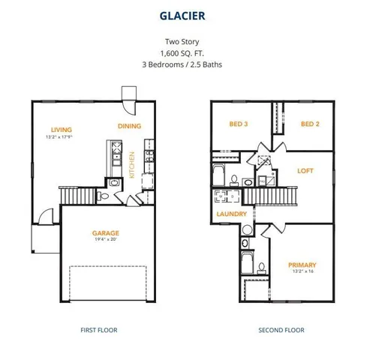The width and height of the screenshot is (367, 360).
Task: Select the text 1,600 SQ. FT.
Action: (x=183, y=53)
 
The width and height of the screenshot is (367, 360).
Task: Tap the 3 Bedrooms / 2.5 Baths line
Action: (x=183, y=64)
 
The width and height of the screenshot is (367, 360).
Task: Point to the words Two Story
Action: (x=183, y=42)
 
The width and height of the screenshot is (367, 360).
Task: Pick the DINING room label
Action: (x=130, y=126)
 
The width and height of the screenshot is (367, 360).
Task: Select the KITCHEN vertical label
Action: (x=132, y=165)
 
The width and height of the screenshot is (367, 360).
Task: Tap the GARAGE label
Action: (x=106, y=233)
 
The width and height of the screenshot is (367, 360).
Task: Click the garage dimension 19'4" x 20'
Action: (x=106, y=241)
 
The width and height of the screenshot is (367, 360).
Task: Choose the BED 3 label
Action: (x=238, y=124)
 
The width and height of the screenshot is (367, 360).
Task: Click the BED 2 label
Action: (x=310, y=124)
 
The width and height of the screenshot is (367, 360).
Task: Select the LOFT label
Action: (x=305, y=171)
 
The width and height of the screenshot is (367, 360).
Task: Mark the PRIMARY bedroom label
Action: (x=302, y=265)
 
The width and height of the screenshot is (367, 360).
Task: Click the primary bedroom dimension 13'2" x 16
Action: (x=302, y=272)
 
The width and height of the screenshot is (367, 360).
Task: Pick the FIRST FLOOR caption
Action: (x=98, y=330)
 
